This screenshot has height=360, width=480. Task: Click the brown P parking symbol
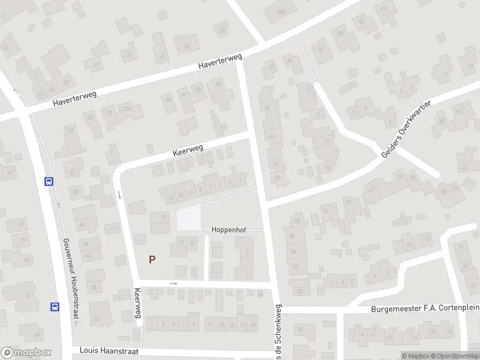(152, 260)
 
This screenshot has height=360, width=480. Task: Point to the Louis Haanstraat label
(106, 349)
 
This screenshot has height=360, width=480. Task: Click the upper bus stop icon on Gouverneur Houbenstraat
(48, 181)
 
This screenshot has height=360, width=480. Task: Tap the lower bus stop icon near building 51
(55, 307)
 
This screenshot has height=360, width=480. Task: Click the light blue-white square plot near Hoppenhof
(189, 218)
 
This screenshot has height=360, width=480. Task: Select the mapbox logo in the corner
(26, 353)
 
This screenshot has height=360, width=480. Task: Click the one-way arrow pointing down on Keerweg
(119, 194)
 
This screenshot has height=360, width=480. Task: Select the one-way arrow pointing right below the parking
(174, 283)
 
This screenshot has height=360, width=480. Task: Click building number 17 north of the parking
(163, 217)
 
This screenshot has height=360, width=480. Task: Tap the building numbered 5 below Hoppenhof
(247, 252)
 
